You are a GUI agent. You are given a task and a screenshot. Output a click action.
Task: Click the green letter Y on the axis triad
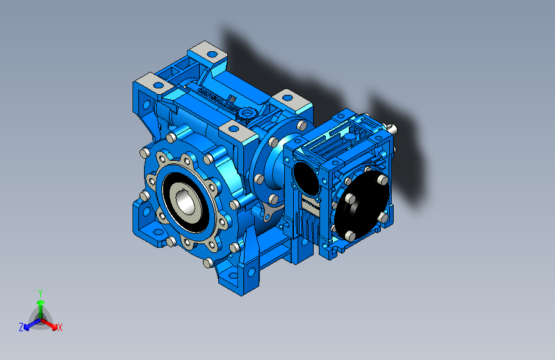point(40,292)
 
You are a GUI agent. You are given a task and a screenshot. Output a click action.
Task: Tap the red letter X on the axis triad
point(60,327)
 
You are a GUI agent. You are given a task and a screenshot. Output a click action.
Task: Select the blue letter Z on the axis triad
point(21,327)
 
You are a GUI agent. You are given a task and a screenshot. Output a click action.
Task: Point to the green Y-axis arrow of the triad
point(40,306)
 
